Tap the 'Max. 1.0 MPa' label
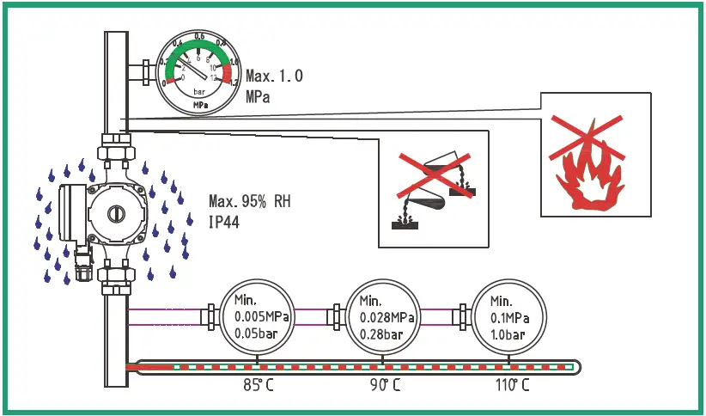point(273,86)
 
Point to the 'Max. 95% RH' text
point(249,202)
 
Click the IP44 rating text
point(226,223)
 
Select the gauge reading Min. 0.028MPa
point(386,317)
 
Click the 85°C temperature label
point(259,385)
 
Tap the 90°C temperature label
point(384,385)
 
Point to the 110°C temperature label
point(513,385)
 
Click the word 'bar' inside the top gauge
point(199,91)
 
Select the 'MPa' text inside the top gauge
point(199,106)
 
